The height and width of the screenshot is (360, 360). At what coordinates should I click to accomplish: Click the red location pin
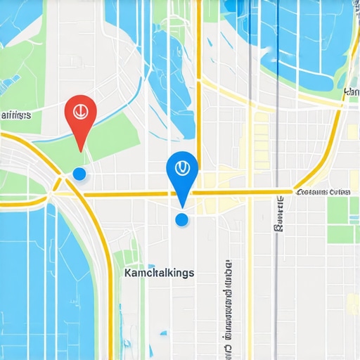(x=80, y=114)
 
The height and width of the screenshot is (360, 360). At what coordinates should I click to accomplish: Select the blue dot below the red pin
(x=79, y=173)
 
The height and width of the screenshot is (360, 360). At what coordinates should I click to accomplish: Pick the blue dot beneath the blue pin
(x=181, y=220)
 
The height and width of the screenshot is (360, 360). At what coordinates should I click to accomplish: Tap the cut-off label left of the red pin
(x=15, y=115)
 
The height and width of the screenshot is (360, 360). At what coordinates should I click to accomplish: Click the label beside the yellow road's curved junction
(x=323, y=191)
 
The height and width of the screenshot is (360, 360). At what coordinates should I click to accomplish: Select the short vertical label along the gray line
(x=279, y=214)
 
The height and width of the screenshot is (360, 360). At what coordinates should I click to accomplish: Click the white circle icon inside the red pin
(x=80, y=110)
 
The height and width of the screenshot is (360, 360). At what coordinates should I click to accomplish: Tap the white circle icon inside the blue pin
(x=182, y=167)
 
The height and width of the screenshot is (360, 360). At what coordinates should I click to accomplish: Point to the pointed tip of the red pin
(x=81, y=150)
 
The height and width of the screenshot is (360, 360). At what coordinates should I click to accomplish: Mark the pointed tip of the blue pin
(x=182, y=207)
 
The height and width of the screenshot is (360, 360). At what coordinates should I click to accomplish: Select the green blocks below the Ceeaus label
(x=338, y=219)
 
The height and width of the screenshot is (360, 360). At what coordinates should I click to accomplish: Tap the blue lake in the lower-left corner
(x=28, y=281)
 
